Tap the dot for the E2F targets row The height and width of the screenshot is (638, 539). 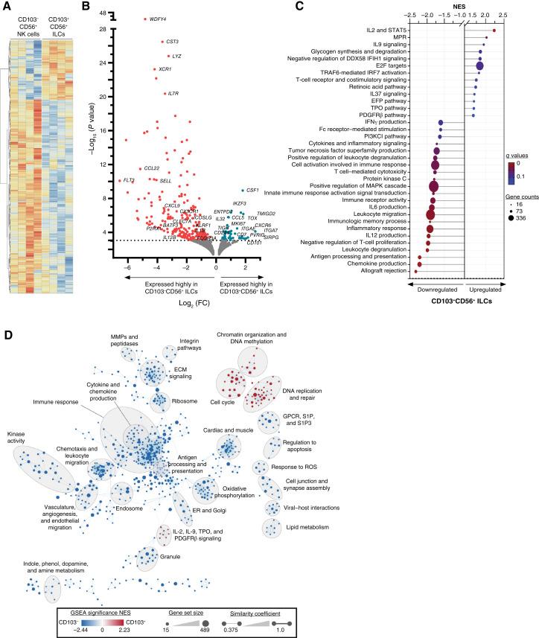point(480,66)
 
